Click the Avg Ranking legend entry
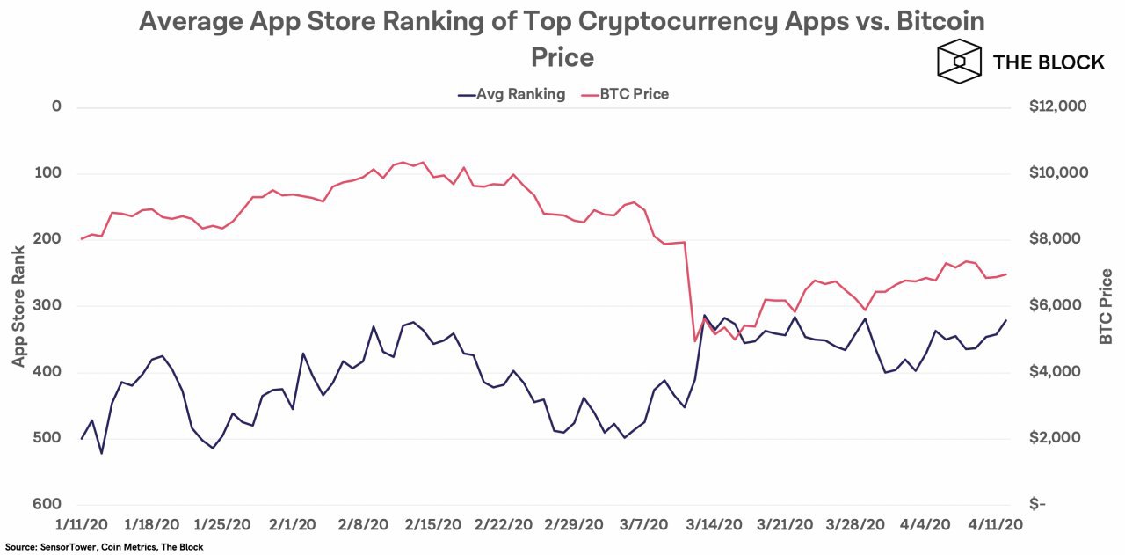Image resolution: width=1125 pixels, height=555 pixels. [512, 94]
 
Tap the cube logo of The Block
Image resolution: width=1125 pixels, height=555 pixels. [958, 62]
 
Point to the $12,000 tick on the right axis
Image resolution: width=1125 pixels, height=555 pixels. [1057, 106]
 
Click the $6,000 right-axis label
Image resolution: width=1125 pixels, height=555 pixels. [1057, 305]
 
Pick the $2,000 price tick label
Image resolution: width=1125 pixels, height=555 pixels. [1057, 438]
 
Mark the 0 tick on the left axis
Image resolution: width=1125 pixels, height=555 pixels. [58, 106]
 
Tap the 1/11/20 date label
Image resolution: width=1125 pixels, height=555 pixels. [81, 524]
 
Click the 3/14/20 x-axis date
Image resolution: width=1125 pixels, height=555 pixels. [714, 524]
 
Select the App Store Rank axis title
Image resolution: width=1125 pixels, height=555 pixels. [18, 305]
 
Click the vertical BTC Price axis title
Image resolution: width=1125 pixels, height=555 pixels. [1107, 305]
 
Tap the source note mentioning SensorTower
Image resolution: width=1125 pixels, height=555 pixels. [104, 547]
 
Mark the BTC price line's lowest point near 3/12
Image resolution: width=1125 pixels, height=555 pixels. [695, 341]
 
